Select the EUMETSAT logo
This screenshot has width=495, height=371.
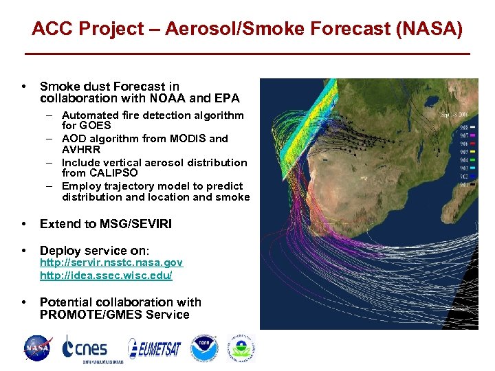tap(154, 348)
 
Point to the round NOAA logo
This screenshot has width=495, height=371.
tap(204, 348)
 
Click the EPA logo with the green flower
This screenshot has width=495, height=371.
tap(241, 348)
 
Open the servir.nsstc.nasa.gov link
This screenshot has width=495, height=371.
tap(111, 263)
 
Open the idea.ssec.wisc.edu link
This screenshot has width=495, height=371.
tap(106, 276)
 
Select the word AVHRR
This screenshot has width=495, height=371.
tap(81, 149)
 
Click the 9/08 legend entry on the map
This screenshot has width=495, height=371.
tap(464, 128)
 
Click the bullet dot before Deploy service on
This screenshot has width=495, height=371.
tap(25, 251)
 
